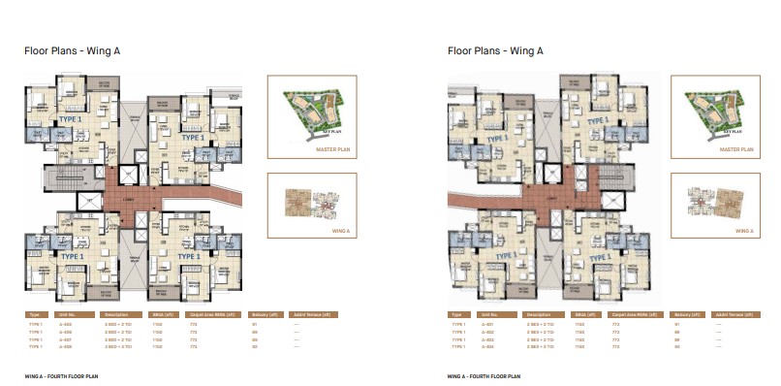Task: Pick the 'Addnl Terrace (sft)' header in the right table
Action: [734, 315]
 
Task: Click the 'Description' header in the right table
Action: [538, 315]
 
